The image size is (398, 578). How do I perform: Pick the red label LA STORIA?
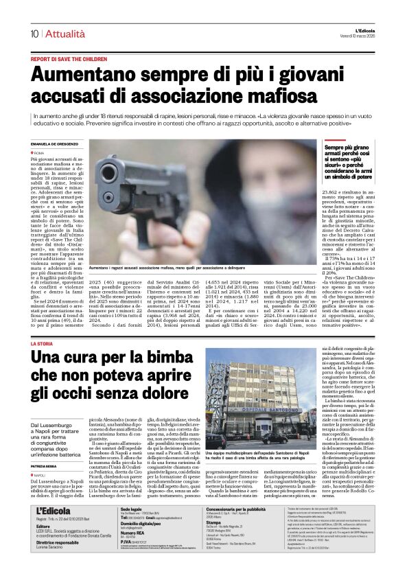tap(41, 343)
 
